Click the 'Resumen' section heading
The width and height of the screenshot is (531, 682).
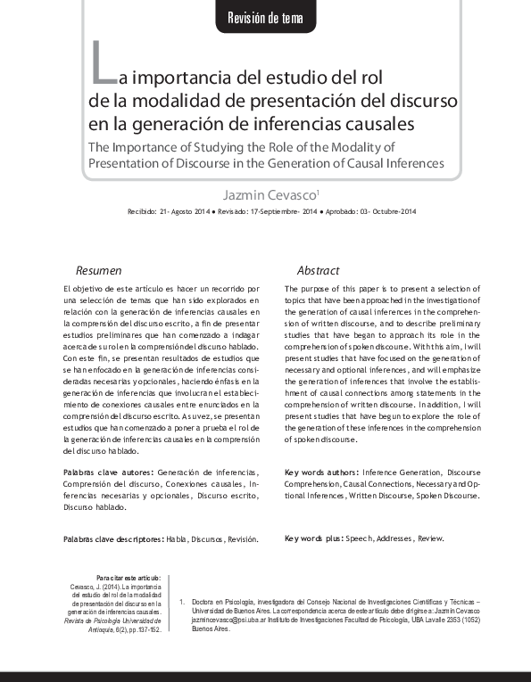[x=98, y=270]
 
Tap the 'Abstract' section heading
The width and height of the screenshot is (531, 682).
[x=318, y=270]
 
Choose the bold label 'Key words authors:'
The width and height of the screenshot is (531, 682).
[x=320, y=472]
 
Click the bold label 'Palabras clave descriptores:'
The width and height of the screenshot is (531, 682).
[x=113, y=539]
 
